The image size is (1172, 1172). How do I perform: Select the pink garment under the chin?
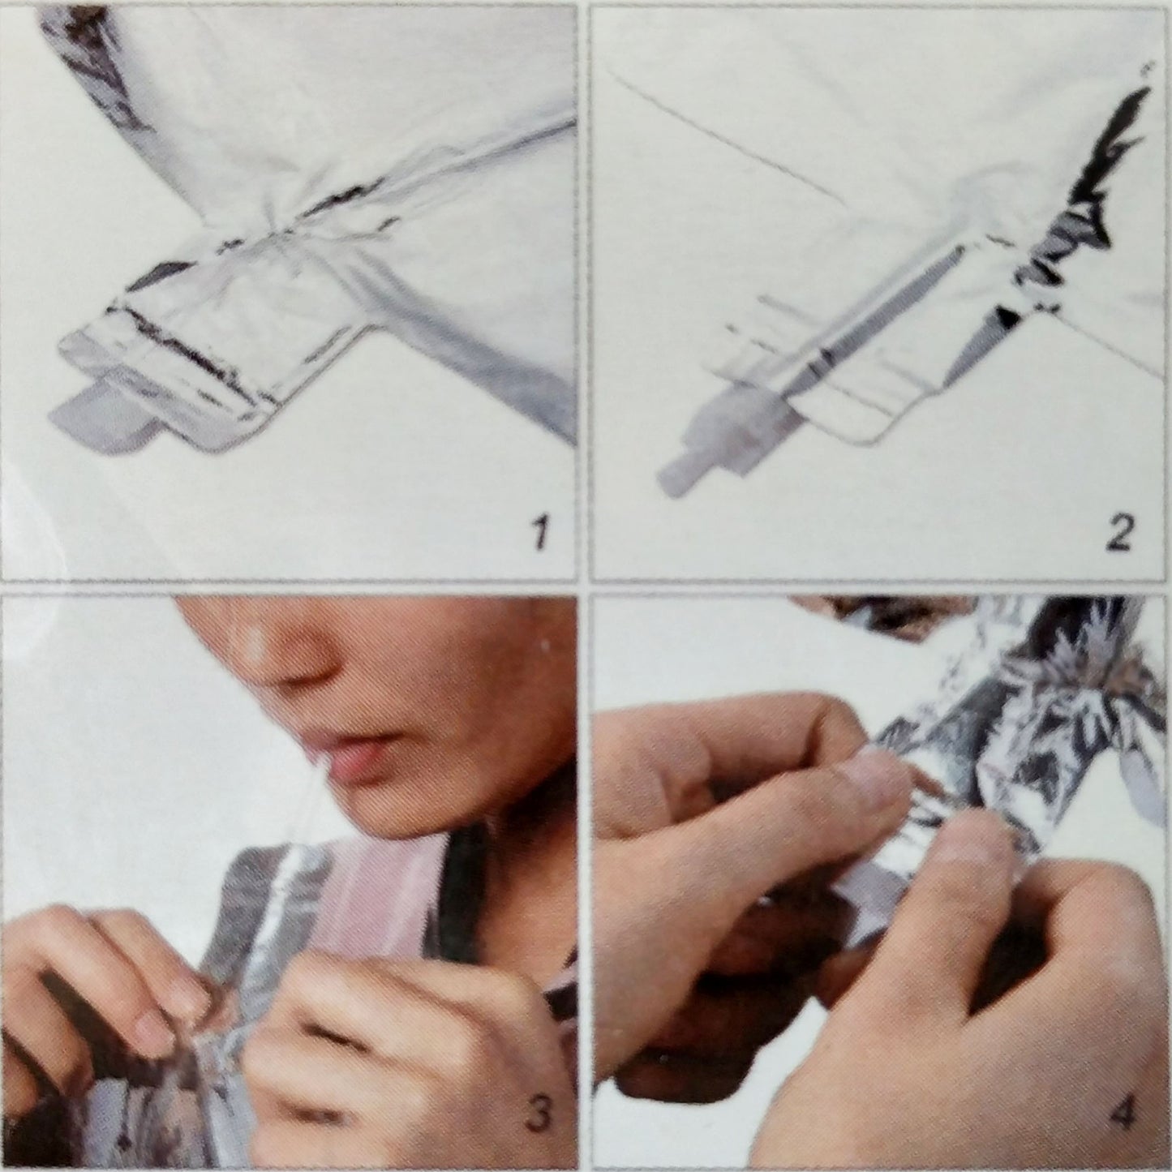[377, 894]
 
